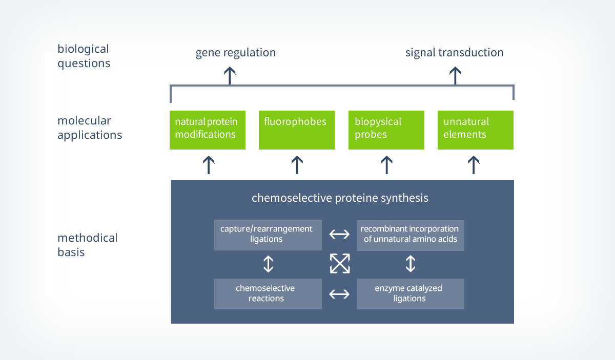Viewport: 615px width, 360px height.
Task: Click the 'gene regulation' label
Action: pos(235,53)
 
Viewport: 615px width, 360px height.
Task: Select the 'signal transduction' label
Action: pos(454,53)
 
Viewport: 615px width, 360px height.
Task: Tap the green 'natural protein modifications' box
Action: pos(208,130)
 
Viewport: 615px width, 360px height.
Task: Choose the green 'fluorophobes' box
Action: pos(297,130)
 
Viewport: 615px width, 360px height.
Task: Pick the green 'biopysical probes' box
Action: pos(386,130)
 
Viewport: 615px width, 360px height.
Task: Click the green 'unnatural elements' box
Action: pos(476,130)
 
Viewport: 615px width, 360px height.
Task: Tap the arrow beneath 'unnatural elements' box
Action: pos(474,165)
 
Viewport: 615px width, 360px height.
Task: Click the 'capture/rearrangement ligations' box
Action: pos(268,235)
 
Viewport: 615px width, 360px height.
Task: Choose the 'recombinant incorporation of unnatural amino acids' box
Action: pos(411,235)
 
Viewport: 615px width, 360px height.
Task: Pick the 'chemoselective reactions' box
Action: pos(268,293)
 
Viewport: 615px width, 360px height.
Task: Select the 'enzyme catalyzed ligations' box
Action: pos(411,293)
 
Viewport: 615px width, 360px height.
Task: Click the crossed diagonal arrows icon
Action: pos(339,264)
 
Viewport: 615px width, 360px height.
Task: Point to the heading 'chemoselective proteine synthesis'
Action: pos(340,198)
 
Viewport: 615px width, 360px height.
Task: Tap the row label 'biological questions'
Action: pos(84,56)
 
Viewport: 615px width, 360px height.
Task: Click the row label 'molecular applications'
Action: pos(90,128)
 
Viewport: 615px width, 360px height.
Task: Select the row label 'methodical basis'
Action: pos(87,245)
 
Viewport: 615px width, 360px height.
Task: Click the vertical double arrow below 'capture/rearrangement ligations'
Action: pos(268,264)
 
